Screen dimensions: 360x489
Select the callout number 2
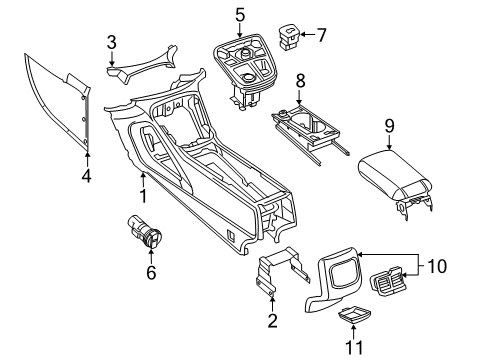tap(271, 322)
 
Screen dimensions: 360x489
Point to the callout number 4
tap(87, 179)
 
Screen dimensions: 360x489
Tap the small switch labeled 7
tap(292, 36)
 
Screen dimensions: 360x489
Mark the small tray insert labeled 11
tap(351, 317)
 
